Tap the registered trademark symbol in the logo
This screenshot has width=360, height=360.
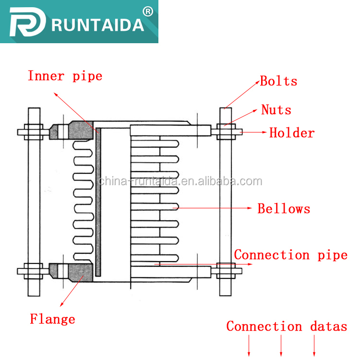(148, 11)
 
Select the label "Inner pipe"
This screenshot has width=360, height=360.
(65, 76)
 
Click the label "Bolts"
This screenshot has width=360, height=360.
(278, 81)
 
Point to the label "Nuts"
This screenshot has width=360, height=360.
(276, 110)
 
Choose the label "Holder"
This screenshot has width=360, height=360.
(292, 133)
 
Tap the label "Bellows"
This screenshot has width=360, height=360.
(284, 209)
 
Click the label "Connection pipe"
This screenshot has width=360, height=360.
(290, 255)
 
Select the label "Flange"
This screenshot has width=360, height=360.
(52, 319)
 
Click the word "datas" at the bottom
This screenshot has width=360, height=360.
(328, 327)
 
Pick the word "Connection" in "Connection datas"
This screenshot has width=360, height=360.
(264, 327)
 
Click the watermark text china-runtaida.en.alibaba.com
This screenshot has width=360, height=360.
(180, 181)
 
